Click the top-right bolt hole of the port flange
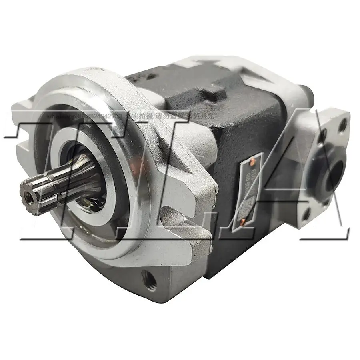342,126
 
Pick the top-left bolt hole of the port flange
322,134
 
